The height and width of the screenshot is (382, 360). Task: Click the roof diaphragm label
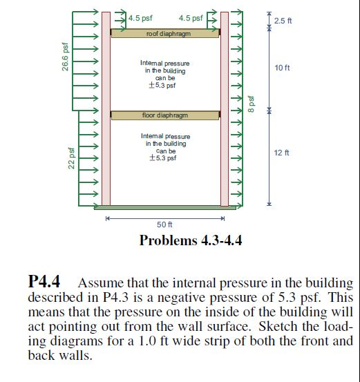tap(164, 33)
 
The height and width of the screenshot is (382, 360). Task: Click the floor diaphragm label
tap(164, 115)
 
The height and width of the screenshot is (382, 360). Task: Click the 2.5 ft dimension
tap(283, 21)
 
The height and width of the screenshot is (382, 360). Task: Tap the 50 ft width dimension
tap(164, 225)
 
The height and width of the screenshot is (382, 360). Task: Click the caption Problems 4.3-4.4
tap(190, 240)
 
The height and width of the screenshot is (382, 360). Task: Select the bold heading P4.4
tap(45, 283)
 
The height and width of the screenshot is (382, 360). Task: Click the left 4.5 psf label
tap(140, 18)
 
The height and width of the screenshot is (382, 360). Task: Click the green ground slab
tap(164, 207)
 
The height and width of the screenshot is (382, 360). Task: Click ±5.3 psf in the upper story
tap(162, 86)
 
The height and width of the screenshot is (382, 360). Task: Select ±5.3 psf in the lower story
tap(163, 157)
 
